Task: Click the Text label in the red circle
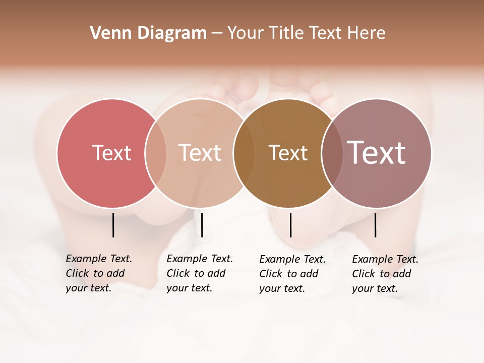click(x=111, y=153)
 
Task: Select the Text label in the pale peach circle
click(x=200, y=153)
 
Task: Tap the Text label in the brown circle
click(x=288, y=153)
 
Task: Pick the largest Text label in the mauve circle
click(x=376, y=153)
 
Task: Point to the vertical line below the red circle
click(x=113, y=225)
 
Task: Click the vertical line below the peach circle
click(x=202, y=225)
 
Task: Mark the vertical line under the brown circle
click(x=290, y=225)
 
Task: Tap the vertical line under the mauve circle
click(x=375, y=225)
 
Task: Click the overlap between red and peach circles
click(x=156, y=153)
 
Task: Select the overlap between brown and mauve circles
click(x=333, y=153)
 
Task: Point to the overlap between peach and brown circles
click(x=244, y=153)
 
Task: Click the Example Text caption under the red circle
click(x=98, y=273)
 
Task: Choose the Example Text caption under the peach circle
click(x=199, y=273)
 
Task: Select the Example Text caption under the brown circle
click(x=292, y=274)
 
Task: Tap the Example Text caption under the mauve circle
click(x=385, y=274)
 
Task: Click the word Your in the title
click(x=244, y=33)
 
